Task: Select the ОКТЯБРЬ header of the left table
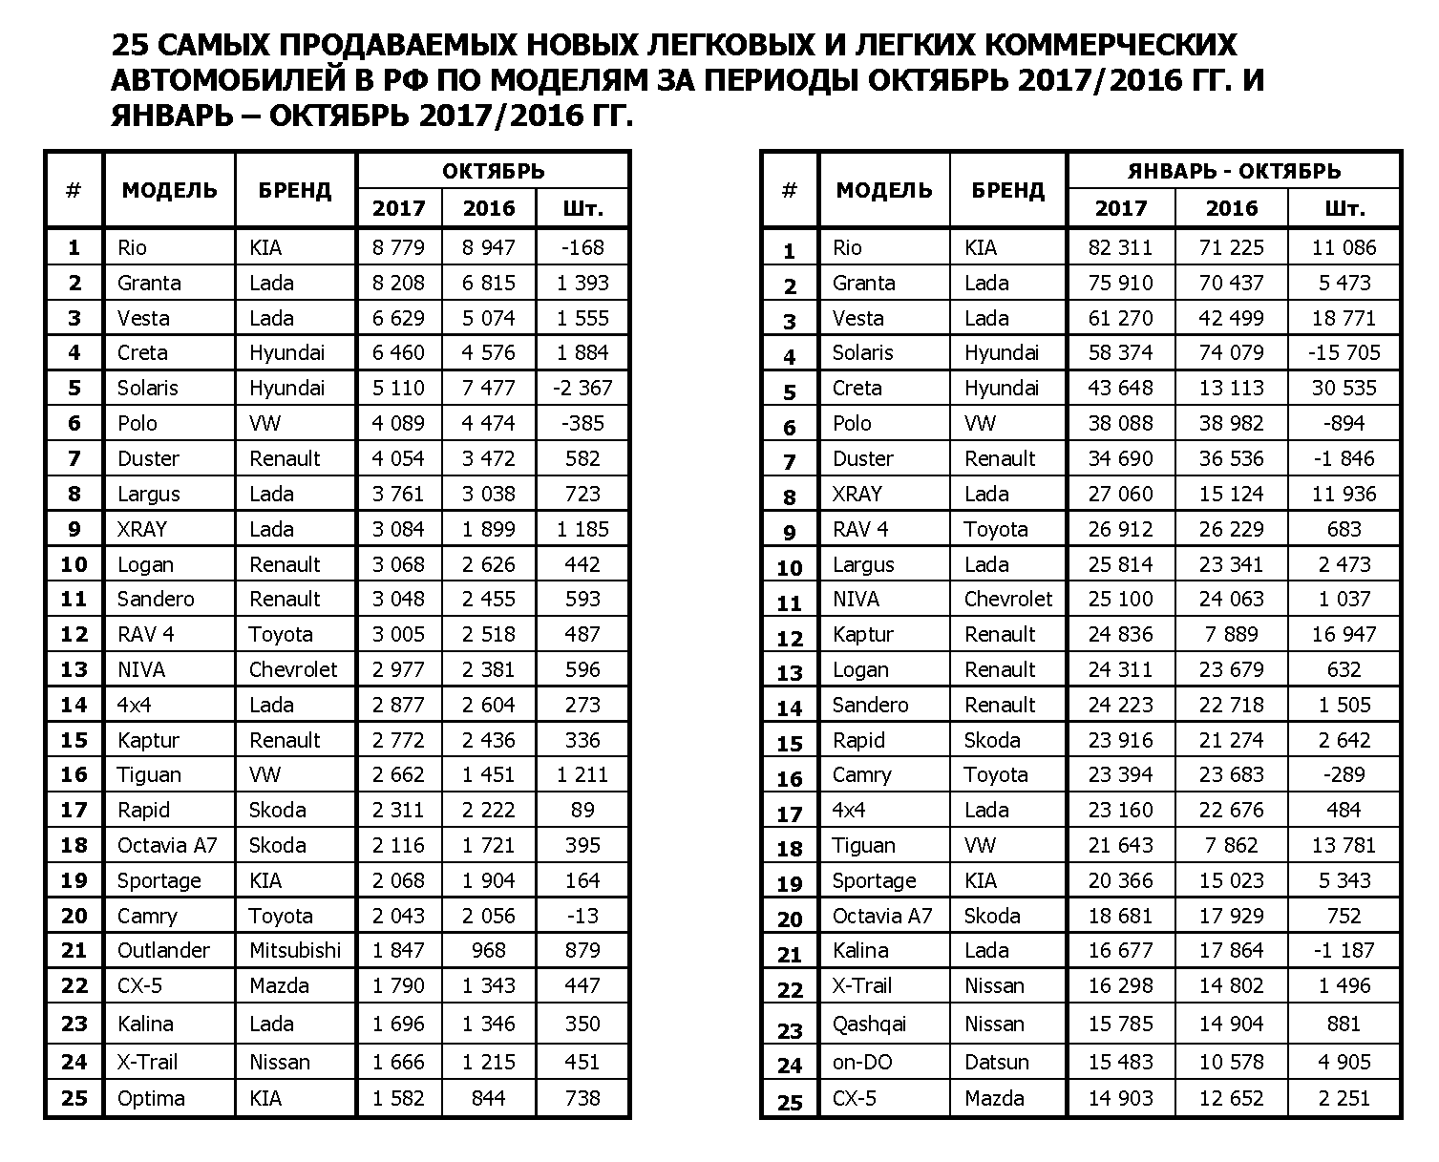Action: pyautogui.click(x=493, y=171)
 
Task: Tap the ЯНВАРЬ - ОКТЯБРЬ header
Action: pyautogui.click(x=1234, y=171)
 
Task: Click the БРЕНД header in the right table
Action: pyautogui.click(x=1007, y=190)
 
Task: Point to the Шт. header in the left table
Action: pyautogui.click(x=582, y=208)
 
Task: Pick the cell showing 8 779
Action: pyautogui.click(x=398, y=248)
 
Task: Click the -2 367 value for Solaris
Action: pyautogui.click(x=582, y=389)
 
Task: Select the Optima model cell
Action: pyautogui.click(x=151, y=1098)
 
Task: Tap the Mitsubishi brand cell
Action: pyautogui.click(x=294, y=951)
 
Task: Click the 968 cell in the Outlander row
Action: pyautogui.click(x=488, y=951)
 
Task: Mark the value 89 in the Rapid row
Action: pyautogui.click(x=582, y=811)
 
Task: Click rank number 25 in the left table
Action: pyautogui.click(x=74, y=1098)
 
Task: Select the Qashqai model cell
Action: pyautogui.click(x=869, y=1025)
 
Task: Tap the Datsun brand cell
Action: pyautogui.click(x=996, y=1062)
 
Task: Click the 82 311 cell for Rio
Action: pyautogui.click(x=1120, y=248)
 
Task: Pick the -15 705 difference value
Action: pyautogui.click(x=1344, y=353)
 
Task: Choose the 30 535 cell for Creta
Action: pyautogui.click(x=1344, y=389)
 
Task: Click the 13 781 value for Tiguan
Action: pyautogui.click(x=1344, y=846)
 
